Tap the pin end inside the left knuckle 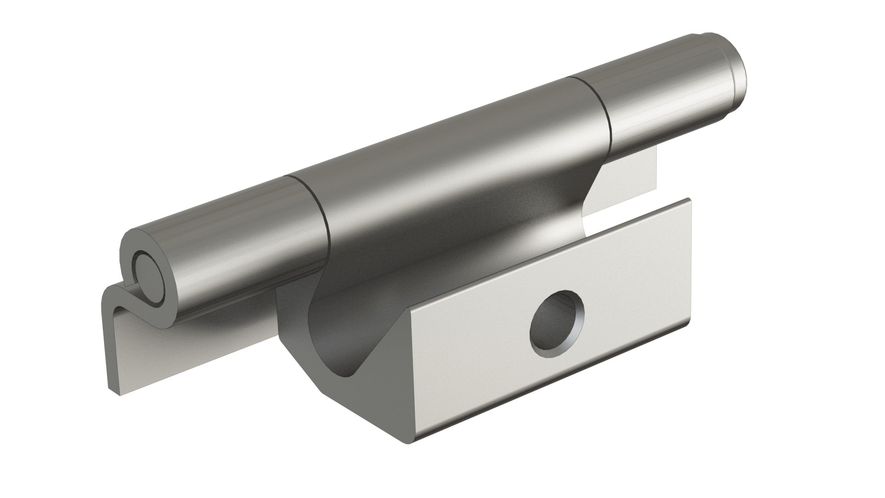[x=147, y=279]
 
